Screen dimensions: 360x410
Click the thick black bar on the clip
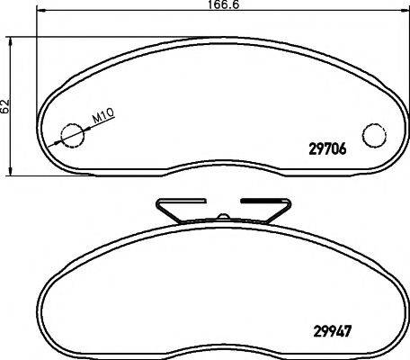coord(260,200)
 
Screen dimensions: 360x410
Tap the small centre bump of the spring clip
coord(222,215)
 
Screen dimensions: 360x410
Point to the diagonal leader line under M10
coord(85,128)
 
